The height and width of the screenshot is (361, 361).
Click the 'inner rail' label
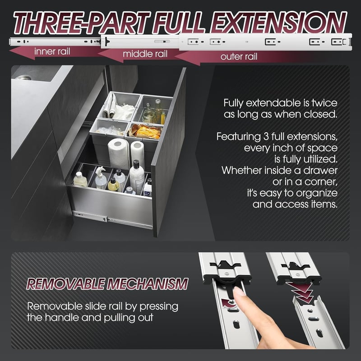click(52, 51)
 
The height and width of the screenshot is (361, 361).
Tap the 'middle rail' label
click(145, 54)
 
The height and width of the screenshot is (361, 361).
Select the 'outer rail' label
click(239, 57)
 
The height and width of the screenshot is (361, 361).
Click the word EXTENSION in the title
click(278, 23)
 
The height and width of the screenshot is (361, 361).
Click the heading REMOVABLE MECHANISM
click(107, 284)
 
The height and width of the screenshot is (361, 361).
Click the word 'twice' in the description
click(324, 103)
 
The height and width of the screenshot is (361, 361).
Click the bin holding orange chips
click(144, 133)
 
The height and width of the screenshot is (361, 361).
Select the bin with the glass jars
click(154, 110)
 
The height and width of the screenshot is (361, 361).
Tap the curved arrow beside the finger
click(229, 303)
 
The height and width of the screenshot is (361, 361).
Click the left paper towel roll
click(119, 153)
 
